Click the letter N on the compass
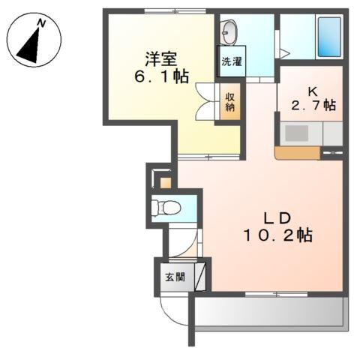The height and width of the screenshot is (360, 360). (43, 24)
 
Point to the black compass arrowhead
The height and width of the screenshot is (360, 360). (29, 46)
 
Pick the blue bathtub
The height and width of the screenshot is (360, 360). (328, 34)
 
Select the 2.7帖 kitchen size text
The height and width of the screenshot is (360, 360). (310, 105)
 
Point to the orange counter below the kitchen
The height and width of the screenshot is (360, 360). (297, 153)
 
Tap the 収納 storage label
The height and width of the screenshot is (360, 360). (230, 100)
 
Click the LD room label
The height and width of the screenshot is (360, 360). (276, 217)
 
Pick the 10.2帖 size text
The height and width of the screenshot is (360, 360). (276, 236)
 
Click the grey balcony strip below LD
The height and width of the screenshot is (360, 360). (270, 311)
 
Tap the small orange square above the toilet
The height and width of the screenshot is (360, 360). (165, 182)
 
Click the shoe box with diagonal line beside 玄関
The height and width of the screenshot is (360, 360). (199, 276)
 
